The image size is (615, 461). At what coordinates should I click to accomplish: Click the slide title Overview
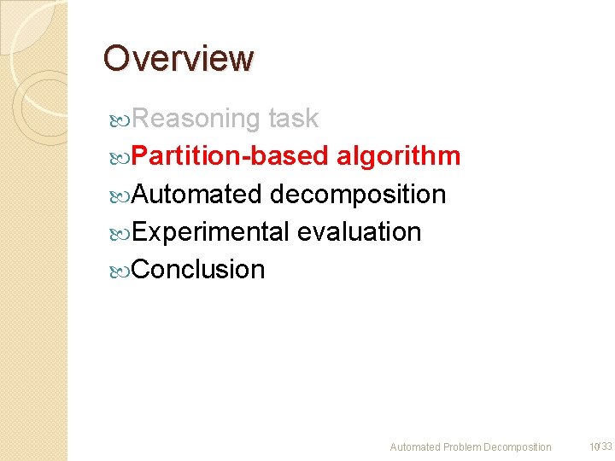[x=179, y=58]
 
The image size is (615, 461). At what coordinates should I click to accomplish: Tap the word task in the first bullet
[x=293, y=119]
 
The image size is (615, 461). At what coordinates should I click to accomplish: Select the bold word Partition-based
[x=231, y=156]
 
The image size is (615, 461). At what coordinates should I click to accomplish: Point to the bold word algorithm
[x=399, y=156]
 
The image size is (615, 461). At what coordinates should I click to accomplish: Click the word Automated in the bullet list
[x=197, y=194]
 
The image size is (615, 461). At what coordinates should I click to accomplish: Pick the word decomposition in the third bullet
[x=358, y=194]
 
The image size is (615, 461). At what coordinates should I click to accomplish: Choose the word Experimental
[x=211, y=231]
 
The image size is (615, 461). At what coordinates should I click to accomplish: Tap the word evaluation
[x=359, y=231]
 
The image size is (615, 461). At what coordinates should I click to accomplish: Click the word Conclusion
[x=199, y=269]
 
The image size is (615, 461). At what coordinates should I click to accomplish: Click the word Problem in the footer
[x=462, y=447]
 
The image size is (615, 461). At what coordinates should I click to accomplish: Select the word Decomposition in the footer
[x=518, y=447]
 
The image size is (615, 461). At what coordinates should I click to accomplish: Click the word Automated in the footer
[x=416, y=447]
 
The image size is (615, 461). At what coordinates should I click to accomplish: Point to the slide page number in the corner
[x=600, y=446]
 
